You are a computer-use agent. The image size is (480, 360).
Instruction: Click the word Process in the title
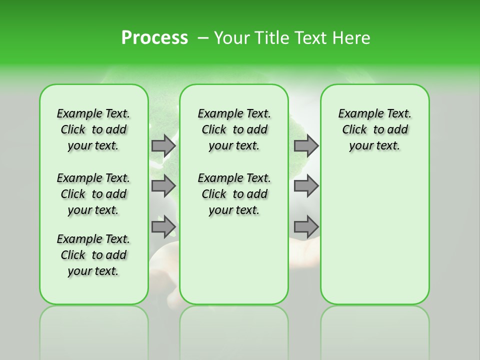tap(154, 37)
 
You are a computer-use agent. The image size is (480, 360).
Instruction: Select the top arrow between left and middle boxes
tap(163, 145)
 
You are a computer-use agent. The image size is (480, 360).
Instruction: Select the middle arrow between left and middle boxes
tap(163, 186)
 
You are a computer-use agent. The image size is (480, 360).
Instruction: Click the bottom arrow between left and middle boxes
tap(163, 226)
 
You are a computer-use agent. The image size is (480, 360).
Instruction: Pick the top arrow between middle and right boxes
tap(305, 145)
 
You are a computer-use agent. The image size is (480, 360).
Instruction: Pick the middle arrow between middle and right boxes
tap(305, 186)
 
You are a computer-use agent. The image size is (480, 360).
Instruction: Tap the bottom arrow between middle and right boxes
tap(305, 226)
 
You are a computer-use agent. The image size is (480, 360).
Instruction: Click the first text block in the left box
tap(93, 129)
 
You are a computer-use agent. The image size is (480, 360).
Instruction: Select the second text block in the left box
tap(93, 194)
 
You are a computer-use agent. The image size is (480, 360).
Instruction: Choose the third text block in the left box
tap(93, 255)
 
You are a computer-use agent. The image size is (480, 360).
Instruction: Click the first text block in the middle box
tap(234, 129)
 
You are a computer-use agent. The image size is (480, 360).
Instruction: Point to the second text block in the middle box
tap(234, 194)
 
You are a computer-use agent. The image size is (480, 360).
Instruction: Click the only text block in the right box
tap(375, 129)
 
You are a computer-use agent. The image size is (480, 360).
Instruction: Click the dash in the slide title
tap(203, 38)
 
